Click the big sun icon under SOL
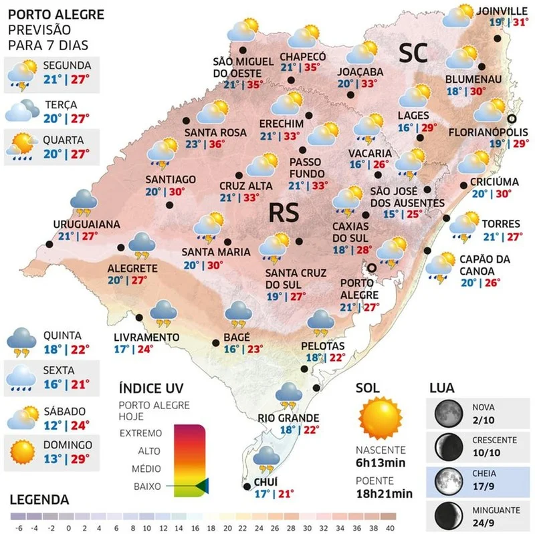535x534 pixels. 379,417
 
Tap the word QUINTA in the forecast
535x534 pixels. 62,336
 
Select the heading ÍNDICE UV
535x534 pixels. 150,388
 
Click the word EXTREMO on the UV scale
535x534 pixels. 140,432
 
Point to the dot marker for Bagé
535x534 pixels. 215,343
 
